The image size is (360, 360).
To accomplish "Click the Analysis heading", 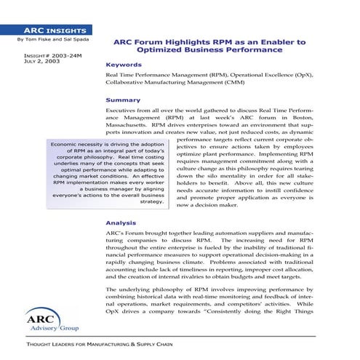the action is [121, 223].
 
